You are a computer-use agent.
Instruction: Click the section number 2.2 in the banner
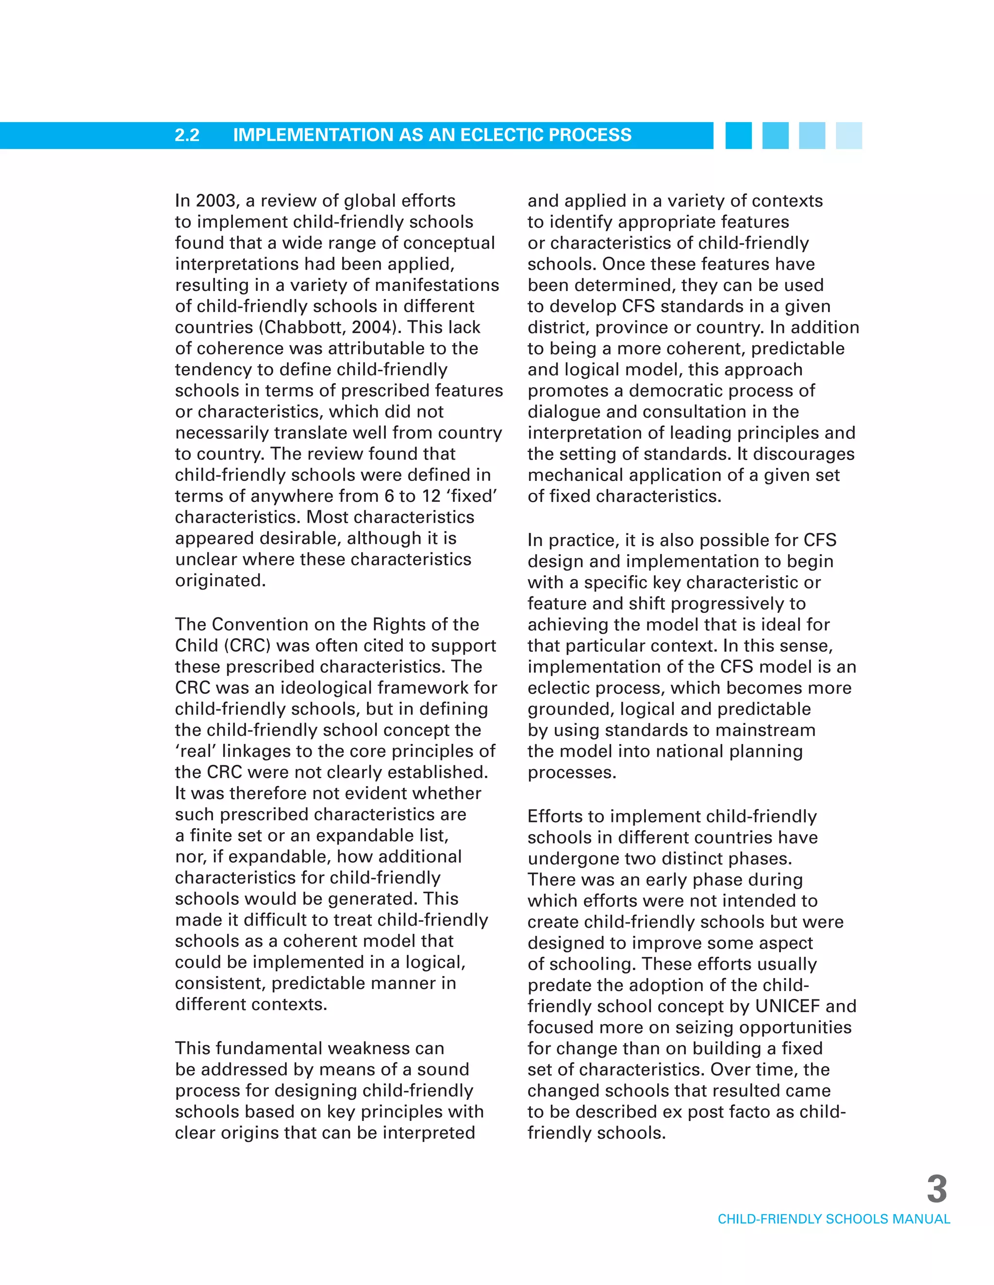click(x=187, y=135)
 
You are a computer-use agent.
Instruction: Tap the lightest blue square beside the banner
click(x=848, y=135)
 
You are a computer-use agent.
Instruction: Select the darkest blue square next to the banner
click(x=738, y=135)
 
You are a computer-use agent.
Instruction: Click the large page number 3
click(x=936, y=1189)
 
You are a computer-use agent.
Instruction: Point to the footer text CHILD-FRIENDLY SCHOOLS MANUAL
click(x=833, y=1219)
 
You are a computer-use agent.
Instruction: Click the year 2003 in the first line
click(x=215, y=201)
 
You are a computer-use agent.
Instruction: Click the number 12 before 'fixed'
click(x=431, y=497)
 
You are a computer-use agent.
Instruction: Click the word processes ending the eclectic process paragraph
click(x=571, y=772)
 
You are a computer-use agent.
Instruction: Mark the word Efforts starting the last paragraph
click(x=557, y=817)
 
